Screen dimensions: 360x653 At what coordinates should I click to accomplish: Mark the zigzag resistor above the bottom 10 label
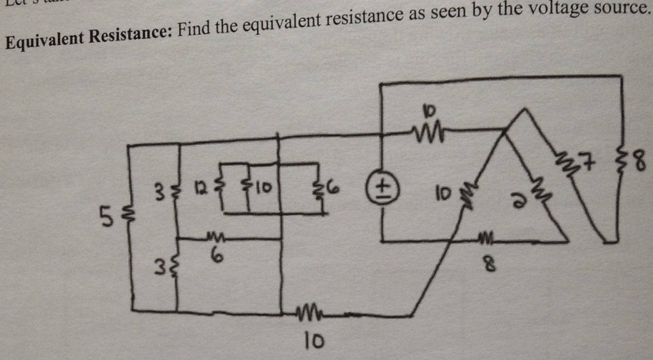(311, 310)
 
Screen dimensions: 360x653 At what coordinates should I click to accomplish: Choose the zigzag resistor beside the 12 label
(222, 184)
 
